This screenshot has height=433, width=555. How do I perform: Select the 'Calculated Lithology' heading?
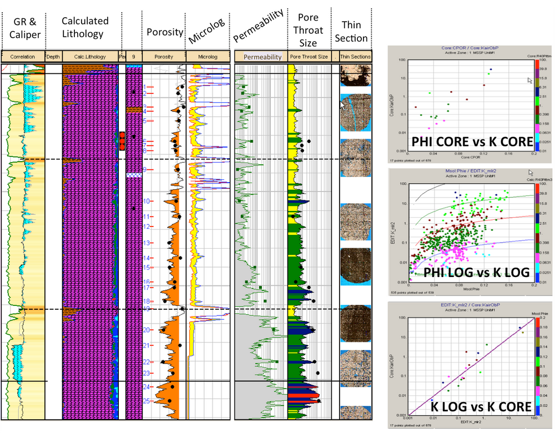point(84,27)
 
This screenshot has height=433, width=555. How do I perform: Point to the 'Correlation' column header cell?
point(22,57)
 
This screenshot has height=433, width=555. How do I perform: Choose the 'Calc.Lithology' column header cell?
point(90,57)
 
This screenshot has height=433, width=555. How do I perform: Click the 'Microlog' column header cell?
point(207,57)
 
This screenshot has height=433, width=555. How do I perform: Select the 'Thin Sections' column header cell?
point(354,57)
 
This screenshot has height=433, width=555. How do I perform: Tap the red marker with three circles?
point(122,141)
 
